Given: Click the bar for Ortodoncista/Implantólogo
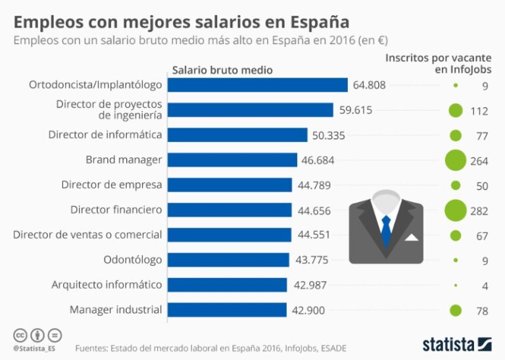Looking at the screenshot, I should (258, 85).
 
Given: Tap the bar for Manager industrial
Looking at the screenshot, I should (228, 310).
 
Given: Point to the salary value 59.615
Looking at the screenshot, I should (356, 110).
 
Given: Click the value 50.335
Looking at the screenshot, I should (329, 135).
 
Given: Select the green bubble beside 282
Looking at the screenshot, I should (455, 211).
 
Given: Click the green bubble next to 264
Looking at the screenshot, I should (455, 161).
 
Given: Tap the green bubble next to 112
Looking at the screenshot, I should (455, 111).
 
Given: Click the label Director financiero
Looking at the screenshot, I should (116, 210).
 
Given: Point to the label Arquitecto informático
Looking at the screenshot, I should (107, 285).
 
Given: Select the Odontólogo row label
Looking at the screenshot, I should (132, 260).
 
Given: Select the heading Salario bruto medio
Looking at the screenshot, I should (222, 70).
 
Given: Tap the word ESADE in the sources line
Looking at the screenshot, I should (331, 347).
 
